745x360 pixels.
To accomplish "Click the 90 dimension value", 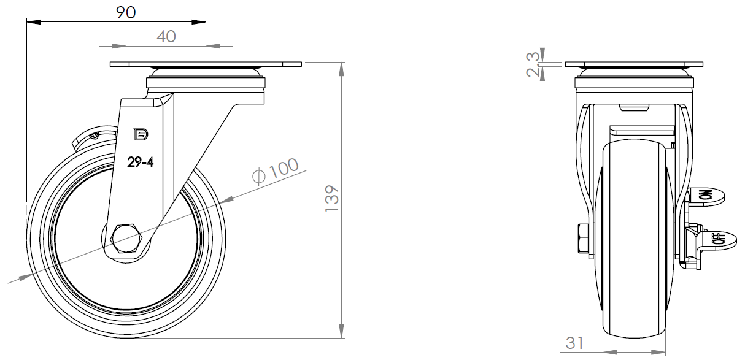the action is pos(126,13).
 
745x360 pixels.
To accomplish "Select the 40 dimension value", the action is pos(166,37).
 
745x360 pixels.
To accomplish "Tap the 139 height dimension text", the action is pos(331,199).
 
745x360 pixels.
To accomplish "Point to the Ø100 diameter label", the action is pos(276,171).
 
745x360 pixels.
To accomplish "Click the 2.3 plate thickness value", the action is pos(533,64).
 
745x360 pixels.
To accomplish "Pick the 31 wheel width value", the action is pos(574,343).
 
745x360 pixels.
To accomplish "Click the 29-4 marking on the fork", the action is pos(141,163).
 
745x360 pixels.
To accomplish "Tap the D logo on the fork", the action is pos(141,134).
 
